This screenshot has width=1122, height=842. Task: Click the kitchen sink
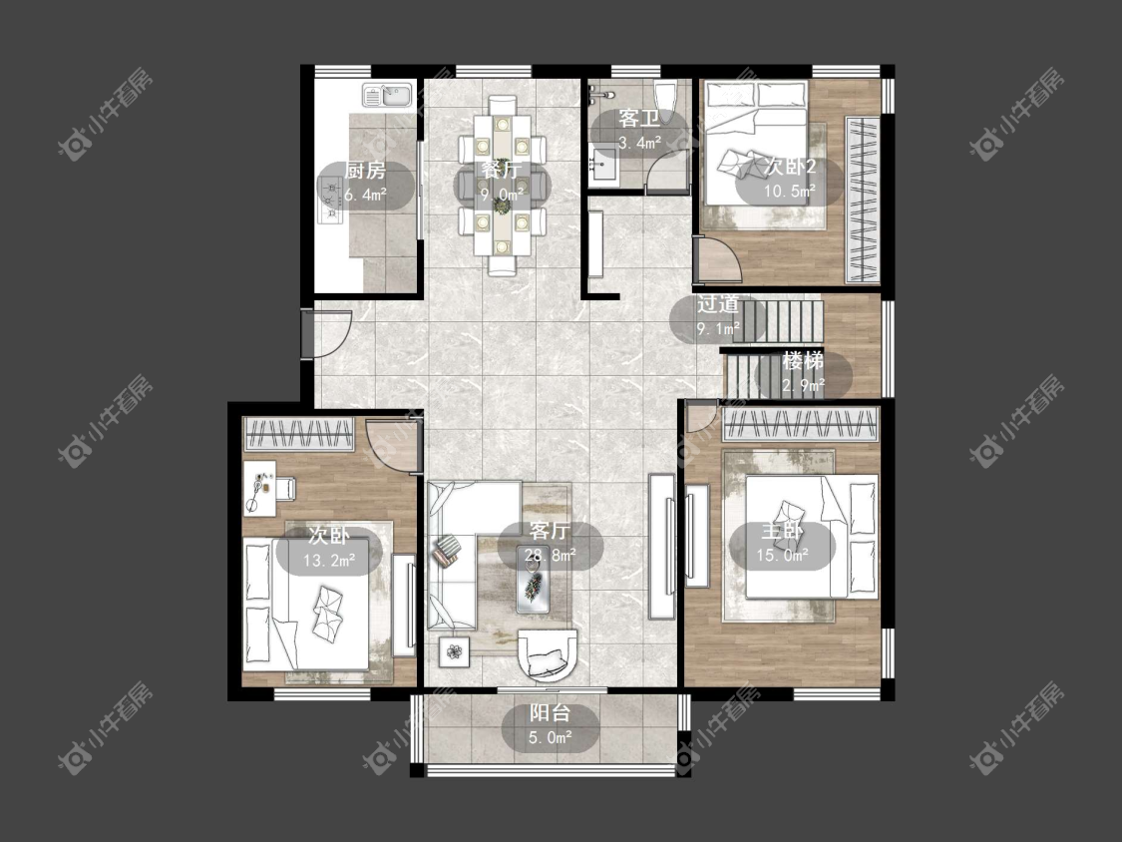click(387, 96)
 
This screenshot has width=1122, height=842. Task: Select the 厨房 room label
click(365, 171)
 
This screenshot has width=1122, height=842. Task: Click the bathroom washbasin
click(603, 167)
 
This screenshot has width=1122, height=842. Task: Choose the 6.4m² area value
click(366, 195)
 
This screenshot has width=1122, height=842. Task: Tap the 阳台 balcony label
click(550, 713)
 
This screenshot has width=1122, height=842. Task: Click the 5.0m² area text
click(551, 737)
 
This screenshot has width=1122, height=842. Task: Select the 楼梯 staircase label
click(803, 360)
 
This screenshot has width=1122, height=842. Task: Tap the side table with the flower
click(455, 651)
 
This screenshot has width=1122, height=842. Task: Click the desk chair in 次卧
click(284, 488)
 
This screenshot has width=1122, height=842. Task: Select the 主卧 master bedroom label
click(781, 532)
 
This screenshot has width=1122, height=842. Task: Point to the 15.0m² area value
click(783, 556)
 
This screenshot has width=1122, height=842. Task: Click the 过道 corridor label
click(718, 304)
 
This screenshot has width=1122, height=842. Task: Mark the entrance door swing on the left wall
click(328, 333)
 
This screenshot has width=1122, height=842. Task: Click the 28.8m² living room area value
click(550, 556)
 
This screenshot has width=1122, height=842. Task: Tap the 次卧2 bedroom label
click(790, 167)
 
